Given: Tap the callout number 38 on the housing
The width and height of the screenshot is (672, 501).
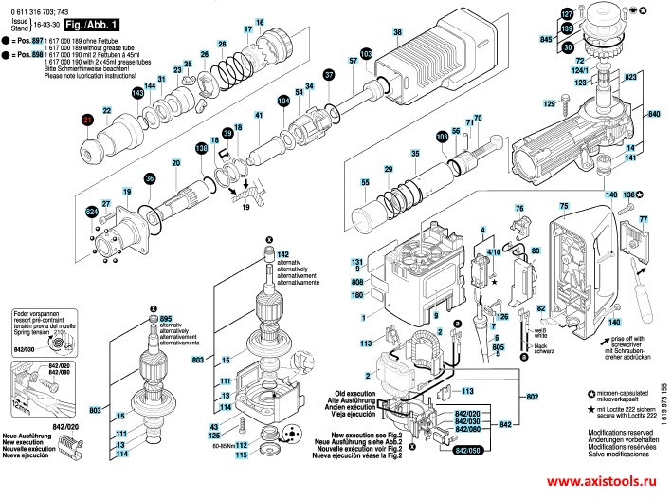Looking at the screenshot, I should pos(398,33).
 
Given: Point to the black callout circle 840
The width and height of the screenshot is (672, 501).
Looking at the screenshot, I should pos(653,115).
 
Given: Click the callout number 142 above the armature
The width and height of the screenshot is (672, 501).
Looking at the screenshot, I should pos(282,253).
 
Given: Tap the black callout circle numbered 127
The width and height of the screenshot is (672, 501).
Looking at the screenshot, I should pos(567,15).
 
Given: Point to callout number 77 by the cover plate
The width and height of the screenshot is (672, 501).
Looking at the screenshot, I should pos(642,220).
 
